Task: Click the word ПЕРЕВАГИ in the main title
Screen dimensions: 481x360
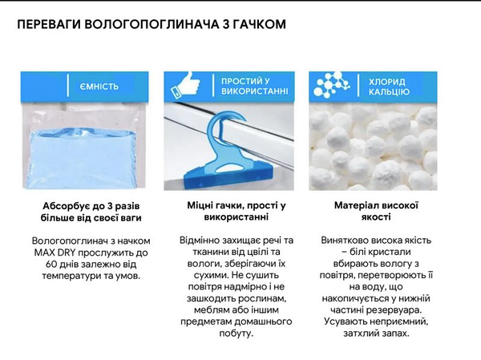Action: pyautogui.click(x=49, y=24)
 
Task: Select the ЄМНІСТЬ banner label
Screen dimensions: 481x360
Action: pyautogui.click(x=99, y=87)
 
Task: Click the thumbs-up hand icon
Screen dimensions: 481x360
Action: pyautogui.click(x=186, y=84)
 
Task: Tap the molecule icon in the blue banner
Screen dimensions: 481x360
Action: pyautogui.click(x=332, y=84)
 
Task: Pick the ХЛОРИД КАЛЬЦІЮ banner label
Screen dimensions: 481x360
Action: pyautogui.click(x=389, y=87)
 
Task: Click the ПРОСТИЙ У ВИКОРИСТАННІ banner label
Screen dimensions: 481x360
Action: pyautogui.click(x=255, y=87)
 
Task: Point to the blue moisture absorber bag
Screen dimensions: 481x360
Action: pyautogui.click(x=83, y=159)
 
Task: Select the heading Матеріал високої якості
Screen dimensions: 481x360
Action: pyautogui.click(x=376, y=211)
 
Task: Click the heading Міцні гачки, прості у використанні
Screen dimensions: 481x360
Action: pyautogui.click(x=236, y=211)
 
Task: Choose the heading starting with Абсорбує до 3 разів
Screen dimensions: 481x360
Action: pyautogui.click(x=91, y=212)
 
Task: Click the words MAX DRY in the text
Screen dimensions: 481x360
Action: pyautogui.click(x=55, y=253)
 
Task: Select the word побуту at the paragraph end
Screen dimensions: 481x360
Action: pyautogui.click(x=236, y=334)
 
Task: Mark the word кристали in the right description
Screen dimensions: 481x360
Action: pyautogui.click(x=392, y=252)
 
